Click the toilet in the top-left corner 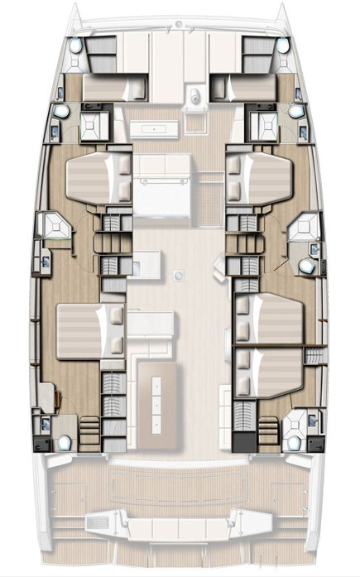76,48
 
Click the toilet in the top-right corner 285,48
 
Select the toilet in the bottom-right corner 295,441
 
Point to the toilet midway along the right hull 306,266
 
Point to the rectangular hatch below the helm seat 155,128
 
